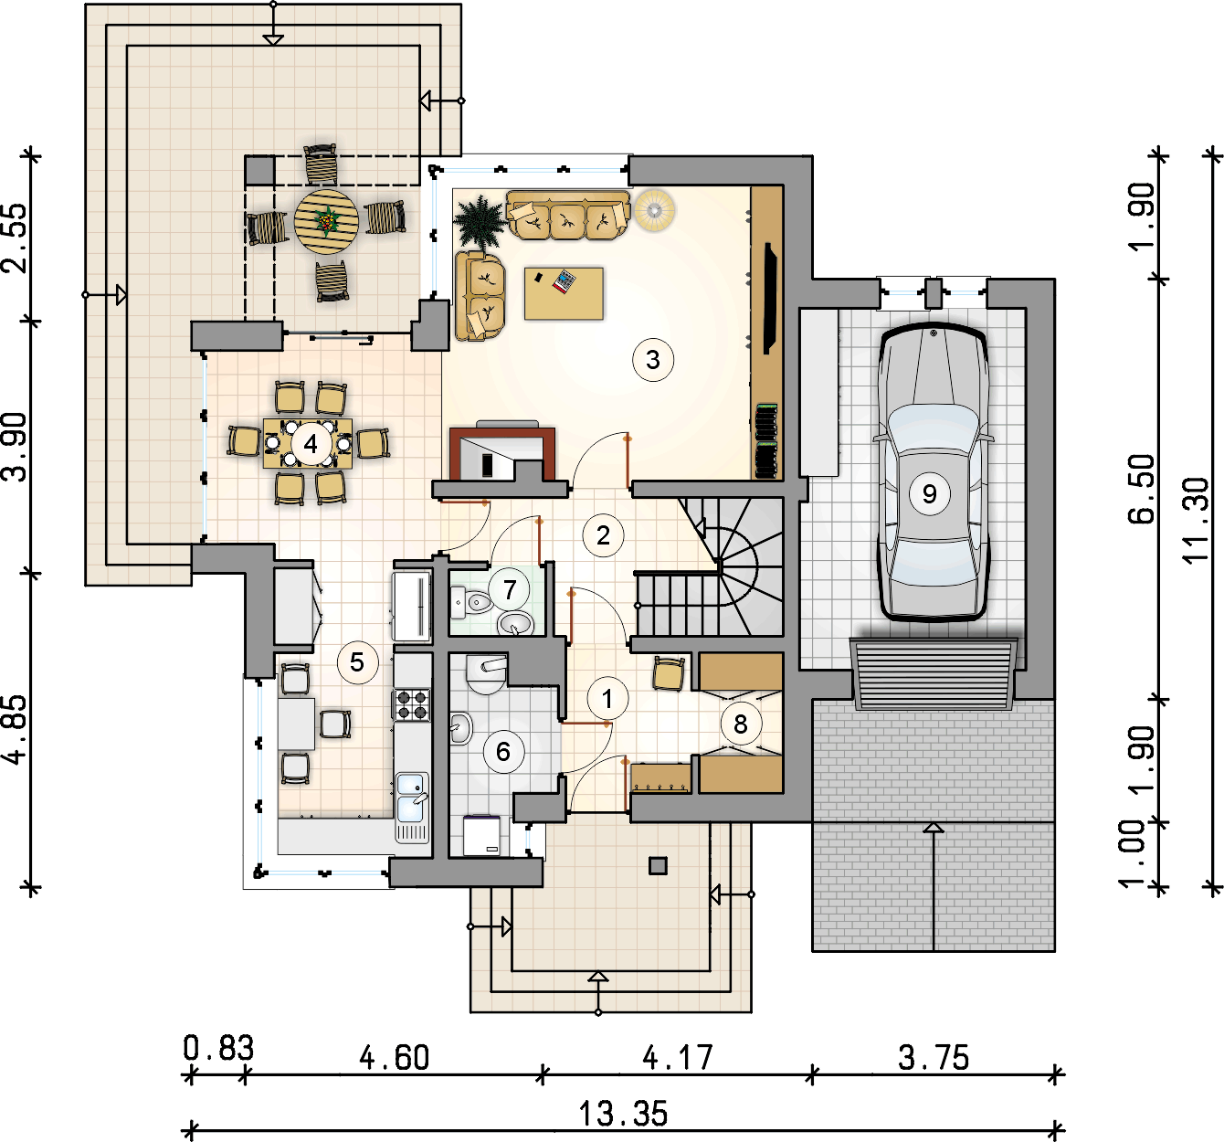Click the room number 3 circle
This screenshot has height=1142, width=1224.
(x=653, y=360)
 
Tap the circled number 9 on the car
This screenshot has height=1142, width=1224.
(x=929, y=493)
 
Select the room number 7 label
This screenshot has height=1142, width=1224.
(x=509, y=589)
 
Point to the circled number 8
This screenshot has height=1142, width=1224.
(x=740, y=724)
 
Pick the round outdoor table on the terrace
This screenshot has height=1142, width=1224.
(x=326, y=221)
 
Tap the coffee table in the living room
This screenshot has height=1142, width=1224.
(x=564, y=293)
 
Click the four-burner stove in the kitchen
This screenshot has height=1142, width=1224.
(x=412, y=704)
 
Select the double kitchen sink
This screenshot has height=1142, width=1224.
(x=412, y=798)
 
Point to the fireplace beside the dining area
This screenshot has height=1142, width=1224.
(x=501, y=453)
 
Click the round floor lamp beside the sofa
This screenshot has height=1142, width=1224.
(x=655, y=211)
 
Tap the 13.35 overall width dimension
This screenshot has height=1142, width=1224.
(x=622, y=1114)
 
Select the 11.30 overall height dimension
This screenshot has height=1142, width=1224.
(x=1196, y=521)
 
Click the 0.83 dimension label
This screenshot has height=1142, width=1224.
(x=218, y=1048)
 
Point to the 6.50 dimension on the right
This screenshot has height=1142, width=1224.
(x=1140, y=490)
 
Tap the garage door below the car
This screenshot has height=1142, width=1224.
(x=934, y=674)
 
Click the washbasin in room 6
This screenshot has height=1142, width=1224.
(x=460, y=728)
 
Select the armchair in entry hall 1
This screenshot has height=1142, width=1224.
(x=669, y=673)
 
